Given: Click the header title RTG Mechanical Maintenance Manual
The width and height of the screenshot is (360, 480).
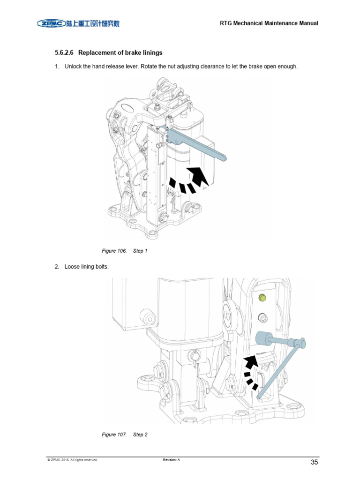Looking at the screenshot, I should [x=269, y=23].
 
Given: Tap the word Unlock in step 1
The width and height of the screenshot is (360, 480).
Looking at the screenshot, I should [x=73, y=67].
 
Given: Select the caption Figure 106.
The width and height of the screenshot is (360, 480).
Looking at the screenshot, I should [x=114, y=251].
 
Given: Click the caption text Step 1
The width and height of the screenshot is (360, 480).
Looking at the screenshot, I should [x=140, y=251].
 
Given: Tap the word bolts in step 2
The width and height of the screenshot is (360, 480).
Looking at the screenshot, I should [x=100, y=267].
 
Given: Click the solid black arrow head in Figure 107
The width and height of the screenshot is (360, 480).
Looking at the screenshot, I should [x=251, y=361].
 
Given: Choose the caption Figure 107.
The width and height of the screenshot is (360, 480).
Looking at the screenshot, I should [x=114, y=435].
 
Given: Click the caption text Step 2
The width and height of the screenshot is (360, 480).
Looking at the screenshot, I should [x=140, y=435].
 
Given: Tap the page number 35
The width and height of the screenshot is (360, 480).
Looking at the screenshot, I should [x=314, y=462].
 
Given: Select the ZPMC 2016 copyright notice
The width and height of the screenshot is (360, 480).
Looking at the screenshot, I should [x=72, y=460].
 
